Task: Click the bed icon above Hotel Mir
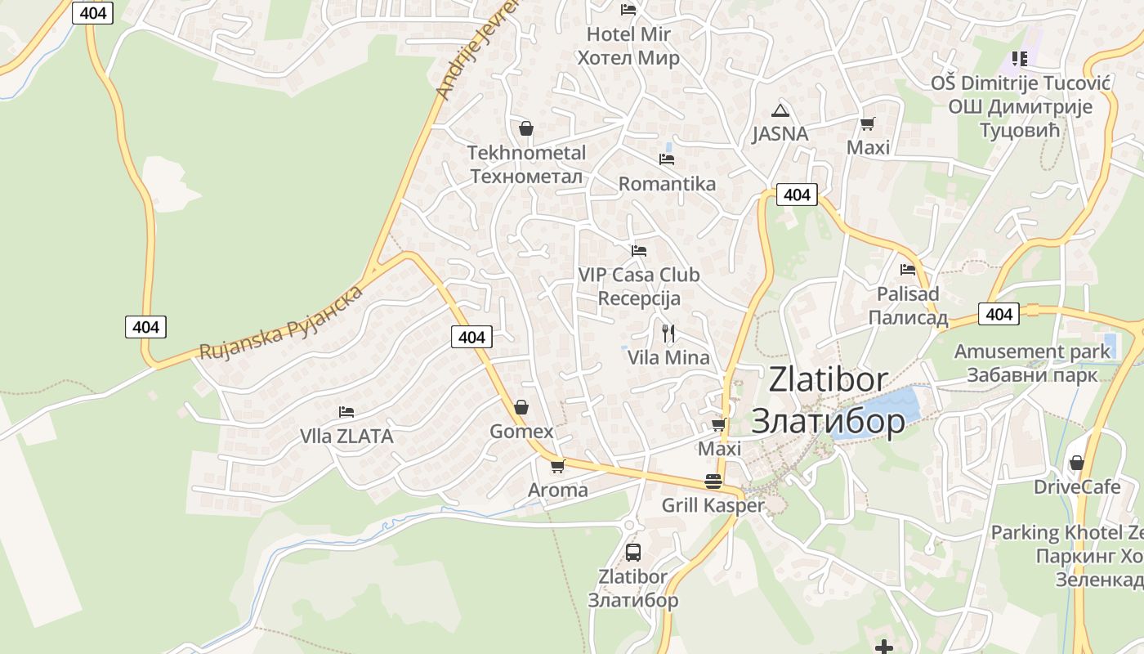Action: [628, 10]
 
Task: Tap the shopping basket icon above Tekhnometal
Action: [526, 128]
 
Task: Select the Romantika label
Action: [667, 184]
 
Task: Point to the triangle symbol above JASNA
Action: [780, 110]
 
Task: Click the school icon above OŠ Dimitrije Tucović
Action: [1019, 58]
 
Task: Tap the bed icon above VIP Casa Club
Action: [639, 250]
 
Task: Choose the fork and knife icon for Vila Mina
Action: [668, 333]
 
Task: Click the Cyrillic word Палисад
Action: [908, 318]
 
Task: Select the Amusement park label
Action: [1032, 352]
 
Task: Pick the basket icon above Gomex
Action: [521, 407]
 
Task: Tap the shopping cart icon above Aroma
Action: [557, 466]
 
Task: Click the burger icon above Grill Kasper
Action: [713, 482]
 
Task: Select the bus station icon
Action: [633, 552]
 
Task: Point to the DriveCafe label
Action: [1077, 487]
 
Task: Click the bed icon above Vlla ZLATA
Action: [346, 412]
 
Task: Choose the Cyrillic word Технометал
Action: [526, 177]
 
